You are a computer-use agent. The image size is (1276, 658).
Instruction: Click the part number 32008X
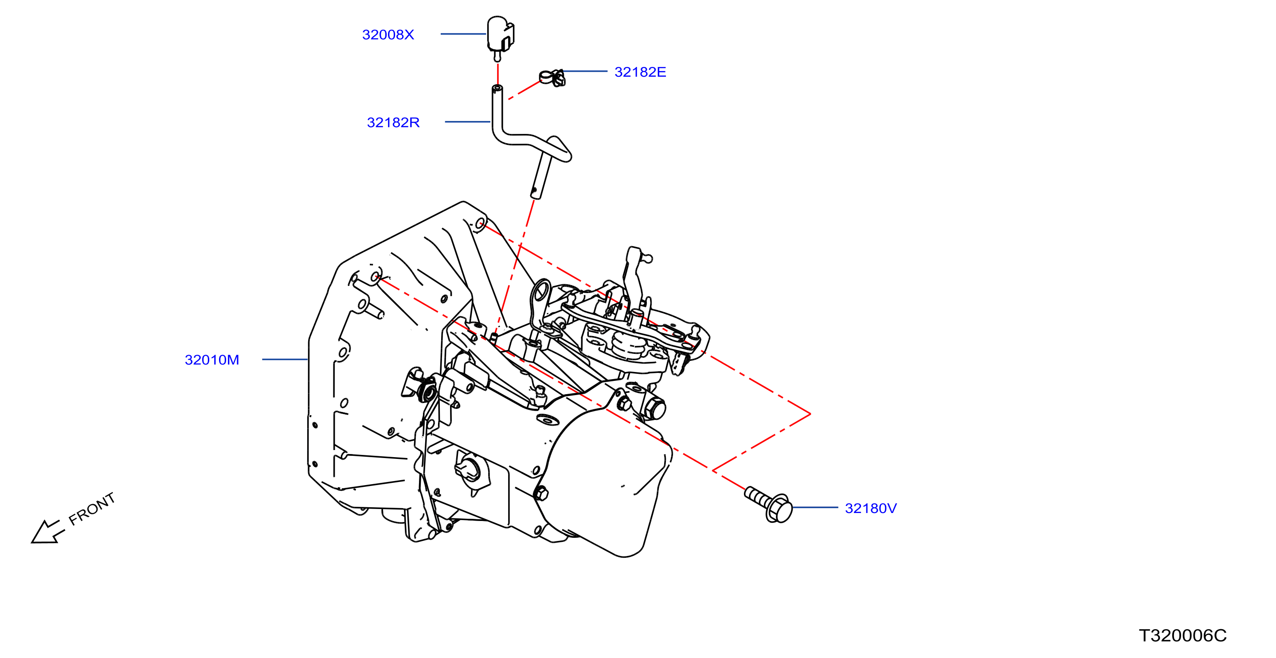click(388, 35)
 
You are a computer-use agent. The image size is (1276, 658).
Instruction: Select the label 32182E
click(640, 72)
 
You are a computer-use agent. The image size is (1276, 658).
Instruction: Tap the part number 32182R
click(393, 122)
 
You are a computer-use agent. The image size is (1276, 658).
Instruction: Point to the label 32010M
click(211, 360)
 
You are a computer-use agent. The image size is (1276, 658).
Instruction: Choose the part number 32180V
click(870, 509)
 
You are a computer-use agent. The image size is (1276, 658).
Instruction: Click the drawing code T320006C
click(1182, 636)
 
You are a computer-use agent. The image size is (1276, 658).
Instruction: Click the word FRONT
click(92, 509)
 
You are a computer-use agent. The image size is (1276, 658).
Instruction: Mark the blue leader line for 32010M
click(285, 359)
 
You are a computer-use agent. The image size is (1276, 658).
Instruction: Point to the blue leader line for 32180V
click(815, 507)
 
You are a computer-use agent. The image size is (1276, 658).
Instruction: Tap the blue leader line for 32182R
click(468, 122)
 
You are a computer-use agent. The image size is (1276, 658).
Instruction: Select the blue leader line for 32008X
click(463, 34)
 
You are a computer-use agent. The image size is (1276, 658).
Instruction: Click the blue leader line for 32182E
click(584, 71)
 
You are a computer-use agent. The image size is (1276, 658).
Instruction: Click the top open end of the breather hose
click(497, 89)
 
